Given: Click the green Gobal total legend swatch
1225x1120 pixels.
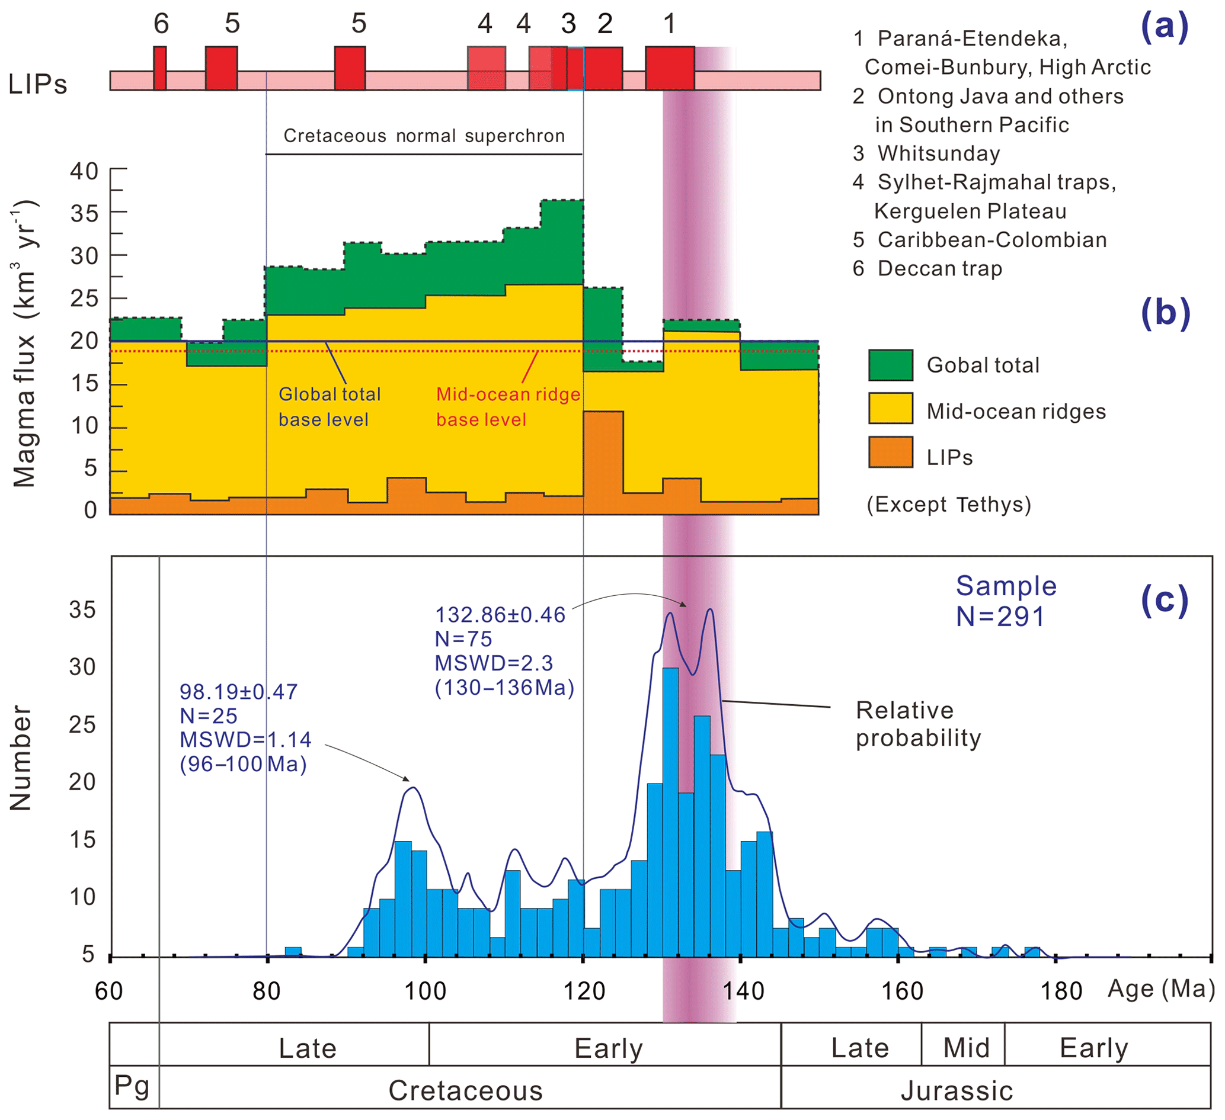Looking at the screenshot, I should point(890,365).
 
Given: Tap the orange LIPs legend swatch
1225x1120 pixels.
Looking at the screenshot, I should point(890,452).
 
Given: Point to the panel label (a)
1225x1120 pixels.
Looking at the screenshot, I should point(1163,27).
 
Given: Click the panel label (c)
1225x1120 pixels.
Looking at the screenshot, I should point(1163,601).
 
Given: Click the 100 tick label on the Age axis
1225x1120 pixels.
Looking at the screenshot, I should point(425,991).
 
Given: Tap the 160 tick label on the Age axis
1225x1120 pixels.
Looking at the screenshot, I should point(902,991).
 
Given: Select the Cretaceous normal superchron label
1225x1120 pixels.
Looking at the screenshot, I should point(424,136).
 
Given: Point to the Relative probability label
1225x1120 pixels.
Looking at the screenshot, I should point(917,724).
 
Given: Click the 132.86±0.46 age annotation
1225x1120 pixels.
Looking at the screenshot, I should point(500,615).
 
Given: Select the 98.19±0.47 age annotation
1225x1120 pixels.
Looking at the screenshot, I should point(238,692).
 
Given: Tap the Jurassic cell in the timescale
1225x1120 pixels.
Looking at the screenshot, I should point(957,1091).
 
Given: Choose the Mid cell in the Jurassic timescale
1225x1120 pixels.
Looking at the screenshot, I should point(965,1048).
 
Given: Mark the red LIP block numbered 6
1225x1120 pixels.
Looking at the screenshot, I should point(160,68).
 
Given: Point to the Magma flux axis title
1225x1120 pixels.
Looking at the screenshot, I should point(25,343).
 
